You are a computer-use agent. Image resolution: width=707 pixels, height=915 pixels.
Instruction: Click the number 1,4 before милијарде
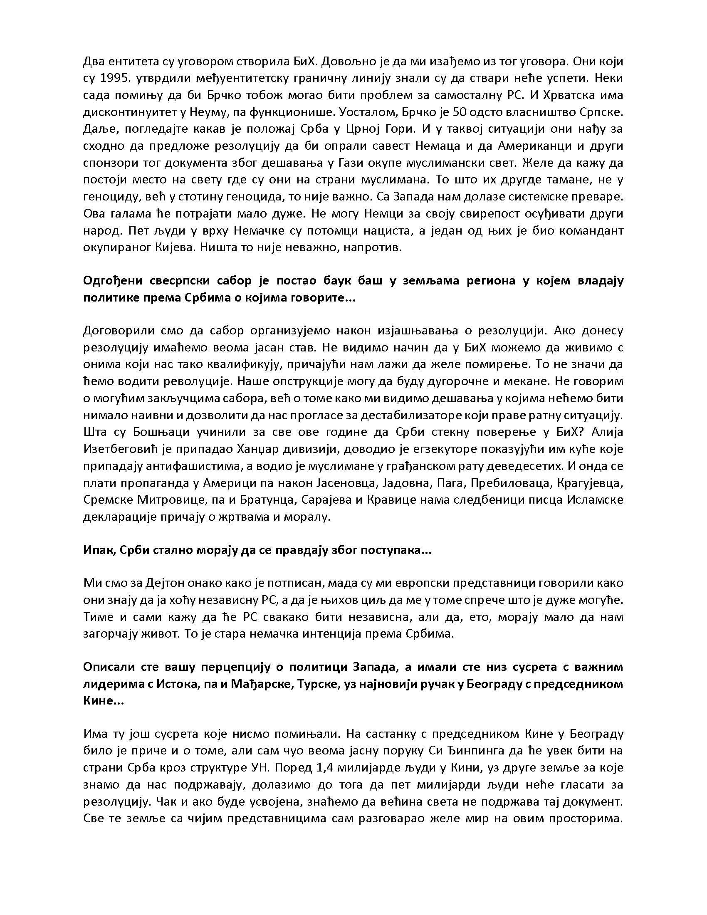click(x=344, y=767)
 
